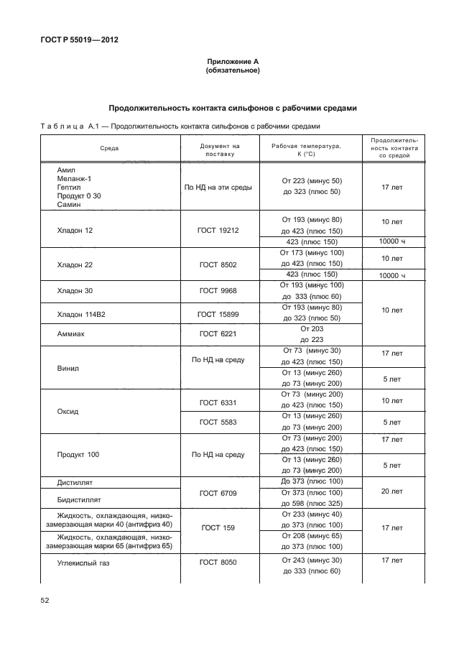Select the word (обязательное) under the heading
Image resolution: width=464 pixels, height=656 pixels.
[x=232, y=71]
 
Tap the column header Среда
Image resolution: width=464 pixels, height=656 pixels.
[x=109, y=149]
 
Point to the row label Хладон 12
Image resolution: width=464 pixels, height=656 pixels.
[x=75, y=231]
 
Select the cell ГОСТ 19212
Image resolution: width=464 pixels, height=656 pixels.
[x=218, y=231]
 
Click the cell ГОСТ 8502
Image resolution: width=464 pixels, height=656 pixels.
[x=218, y=264]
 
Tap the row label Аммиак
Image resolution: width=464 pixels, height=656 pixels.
[x=72, y=334]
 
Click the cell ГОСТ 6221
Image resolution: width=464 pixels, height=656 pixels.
[x=218, y=334]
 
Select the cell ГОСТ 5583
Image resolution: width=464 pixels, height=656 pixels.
[x=218, y=422]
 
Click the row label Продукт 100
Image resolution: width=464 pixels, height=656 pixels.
[x=80, y=455]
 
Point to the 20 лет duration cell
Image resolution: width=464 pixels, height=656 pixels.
[x=392, y=492]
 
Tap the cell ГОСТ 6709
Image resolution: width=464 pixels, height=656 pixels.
[x=218, y=492]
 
